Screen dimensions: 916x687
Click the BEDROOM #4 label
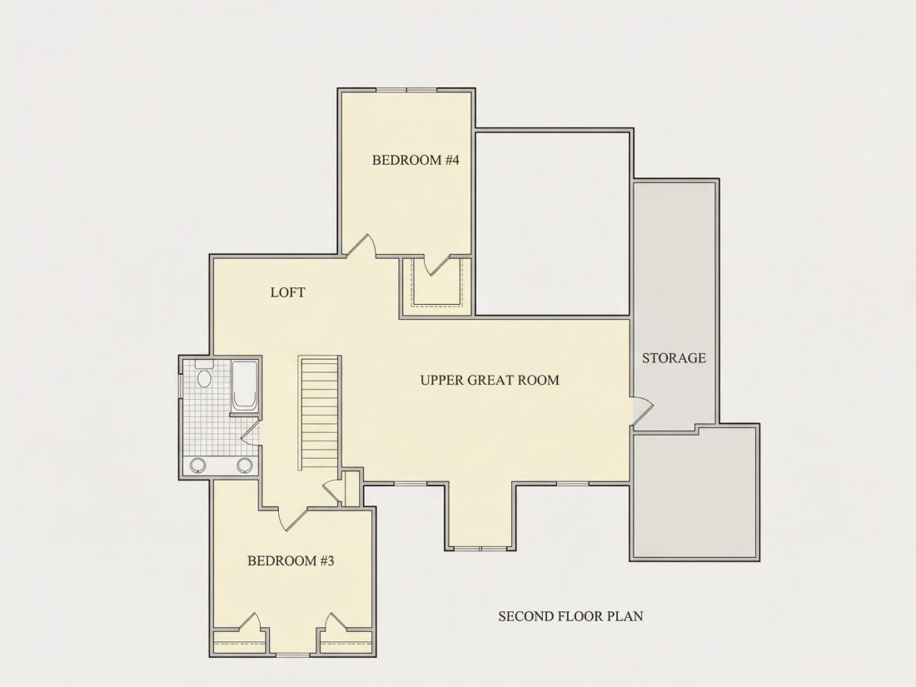click(x=416, y=160)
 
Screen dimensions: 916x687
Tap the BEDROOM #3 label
click(x=291, y=560)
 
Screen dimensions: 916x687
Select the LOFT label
click(x=287, y=292)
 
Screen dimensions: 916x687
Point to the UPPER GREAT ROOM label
click(x=490, y=381)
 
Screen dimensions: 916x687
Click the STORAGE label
click(x=675, y=358)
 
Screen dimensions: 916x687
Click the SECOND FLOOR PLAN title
click(x=570, y=616)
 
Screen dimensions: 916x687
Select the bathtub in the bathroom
click(x=244, y=386)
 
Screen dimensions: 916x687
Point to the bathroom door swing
click(x=251, y=432)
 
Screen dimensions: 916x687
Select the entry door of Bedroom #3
click(x=292, y=518)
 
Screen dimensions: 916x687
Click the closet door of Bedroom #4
click(x=438, y=265)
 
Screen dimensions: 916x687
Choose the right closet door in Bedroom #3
click(x=337, y=621)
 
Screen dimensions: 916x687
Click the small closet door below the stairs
click(x=331, y=490)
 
